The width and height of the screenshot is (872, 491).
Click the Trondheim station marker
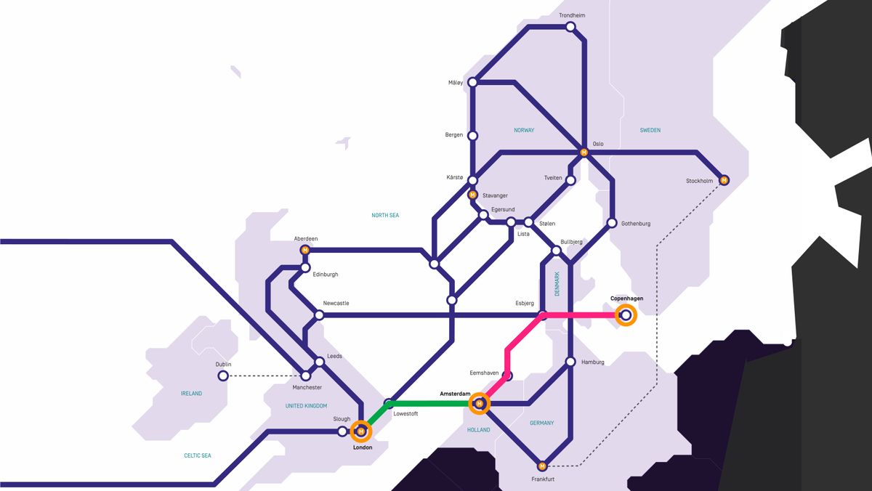(570, 27)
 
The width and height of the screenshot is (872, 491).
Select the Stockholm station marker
(724, 180)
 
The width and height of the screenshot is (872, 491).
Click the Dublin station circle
(223, 376)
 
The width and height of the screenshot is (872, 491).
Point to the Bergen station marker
(473, 136)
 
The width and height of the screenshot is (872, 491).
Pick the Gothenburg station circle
(612, 223)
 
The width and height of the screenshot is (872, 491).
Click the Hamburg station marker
(570, 362)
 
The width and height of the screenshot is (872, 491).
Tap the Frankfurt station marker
(541, 466)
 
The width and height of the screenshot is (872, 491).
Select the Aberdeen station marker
(305, 250)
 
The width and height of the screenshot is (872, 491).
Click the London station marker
(361, 431)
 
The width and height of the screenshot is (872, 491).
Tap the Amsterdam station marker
(478, 403)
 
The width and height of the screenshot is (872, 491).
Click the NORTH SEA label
(385, 215)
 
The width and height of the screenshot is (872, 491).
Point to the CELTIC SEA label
(197, 455)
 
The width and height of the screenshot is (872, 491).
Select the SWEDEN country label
(650, 130)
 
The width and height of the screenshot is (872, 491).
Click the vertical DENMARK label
(557, 283)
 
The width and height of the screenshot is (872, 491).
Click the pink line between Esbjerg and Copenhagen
(581, 315)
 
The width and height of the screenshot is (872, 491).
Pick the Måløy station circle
(473, 83)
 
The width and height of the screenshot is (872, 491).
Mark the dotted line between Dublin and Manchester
(265, 376)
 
